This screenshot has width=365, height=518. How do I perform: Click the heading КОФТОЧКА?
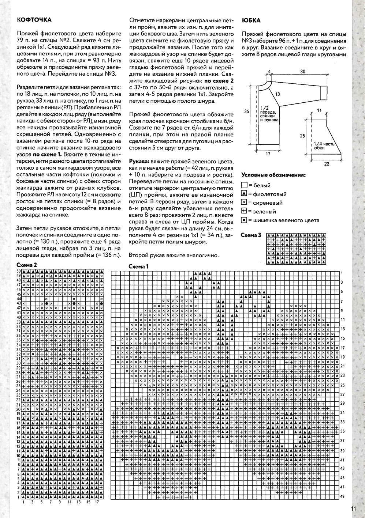click(34, 20)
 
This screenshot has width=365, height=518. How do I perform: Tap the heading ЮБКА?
click(251, 20)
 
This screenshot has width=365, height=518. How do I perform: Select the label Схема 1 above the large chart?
click(138, 266)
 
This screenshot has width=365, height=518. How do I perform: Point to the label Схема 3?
click(251, 235)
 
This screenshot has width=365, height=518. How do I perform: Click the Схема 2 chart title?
click(27, 265)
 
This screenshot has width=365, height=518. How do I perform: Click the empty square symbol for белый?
click(244, 186)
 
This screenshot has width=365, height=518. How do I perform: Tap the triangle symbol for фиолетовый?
click(244, 194)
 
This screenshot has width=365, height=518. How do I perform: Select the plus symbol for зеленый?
click(244, 211)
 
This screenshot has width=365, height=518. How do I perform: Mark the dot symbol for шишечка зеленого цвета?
click(244, 220)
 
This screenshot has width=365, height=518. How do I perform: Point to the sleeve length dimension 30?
click(302, 72)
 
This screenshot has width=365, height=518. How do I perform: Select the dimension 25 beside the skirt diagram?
click(302, 136)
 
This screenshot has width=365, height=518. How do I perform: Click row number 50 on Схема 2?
click(18, 271)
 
